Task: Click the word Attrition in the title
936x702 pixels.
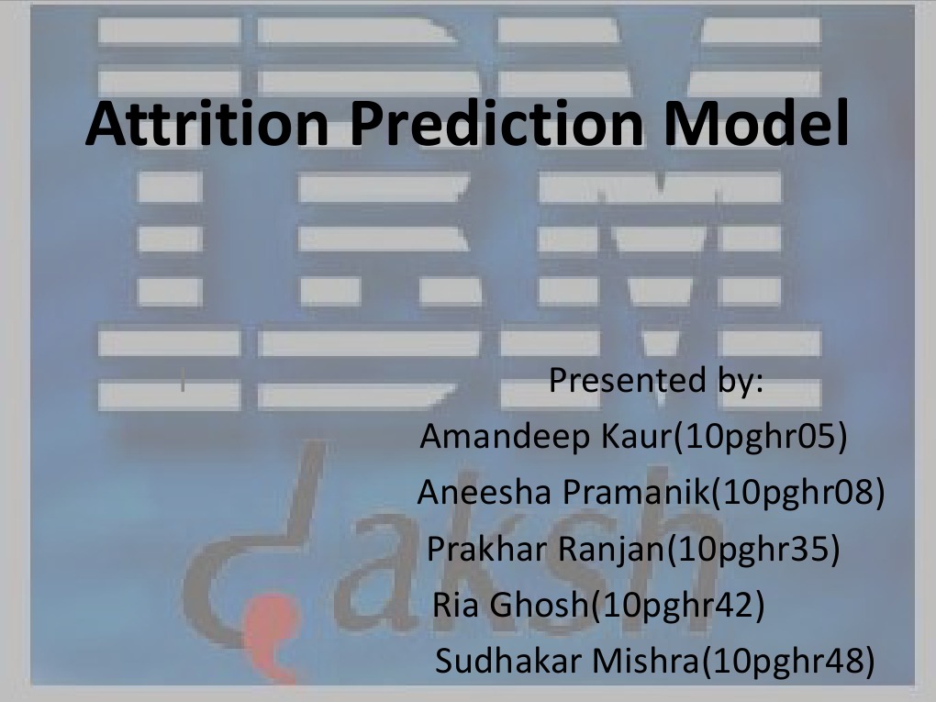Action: tap(206, 126)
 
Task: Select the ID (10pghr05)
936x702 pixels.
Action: tap(760, 438)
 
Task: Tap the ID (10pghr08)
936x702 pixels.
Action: tap(799, 494)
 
